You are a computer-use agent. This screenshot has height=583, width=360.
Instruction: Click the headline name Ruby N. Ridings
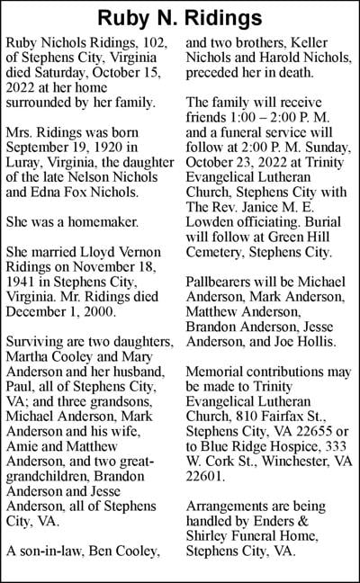(180, 18)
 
